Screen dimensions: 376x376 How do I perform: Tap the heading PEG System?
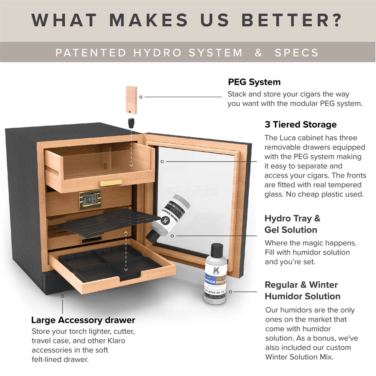tap(254, 82)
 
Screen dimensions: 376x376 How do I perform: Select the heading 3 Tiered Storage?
tap(300, 124)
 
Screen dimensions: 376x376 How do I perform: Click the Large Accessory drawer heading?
tap(83, 320)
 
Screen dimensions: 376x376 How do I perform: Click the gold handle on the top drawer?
tap(111, 183)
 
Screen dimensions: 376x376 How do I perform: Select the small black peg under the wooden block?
tap(132, 123)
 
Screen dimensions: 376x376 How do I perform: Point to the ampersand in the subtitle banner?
tap(259, 53)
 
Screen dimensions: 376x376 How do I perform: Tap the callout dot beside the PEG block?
tap(141, 97)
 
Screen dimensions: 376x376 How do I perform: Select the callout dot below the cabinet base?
tap(62, 296)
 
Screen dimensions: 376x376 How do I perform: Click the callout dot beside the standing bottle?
tap(230, 292)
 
